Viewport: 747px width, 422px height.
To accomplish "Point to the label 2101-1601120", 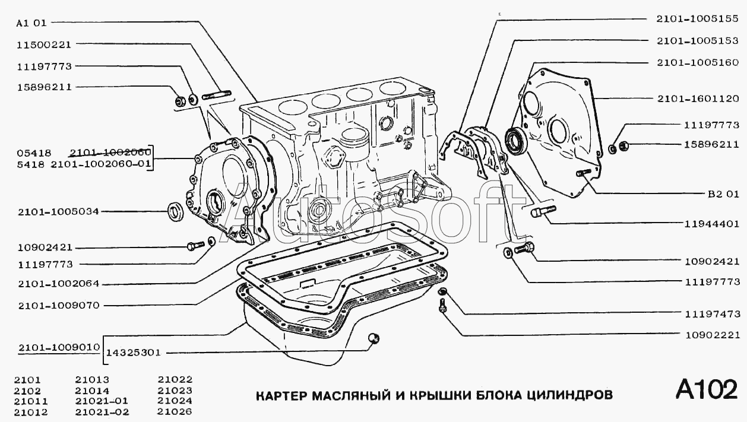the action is point(697,98).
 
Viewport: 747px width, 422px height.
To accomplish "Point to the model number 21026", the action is point(175,412).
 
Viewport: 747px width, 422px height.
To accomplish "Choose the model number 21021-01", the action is point(102,401).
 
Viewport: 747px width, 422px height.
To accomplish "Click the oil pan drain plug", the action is point(373,338).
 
